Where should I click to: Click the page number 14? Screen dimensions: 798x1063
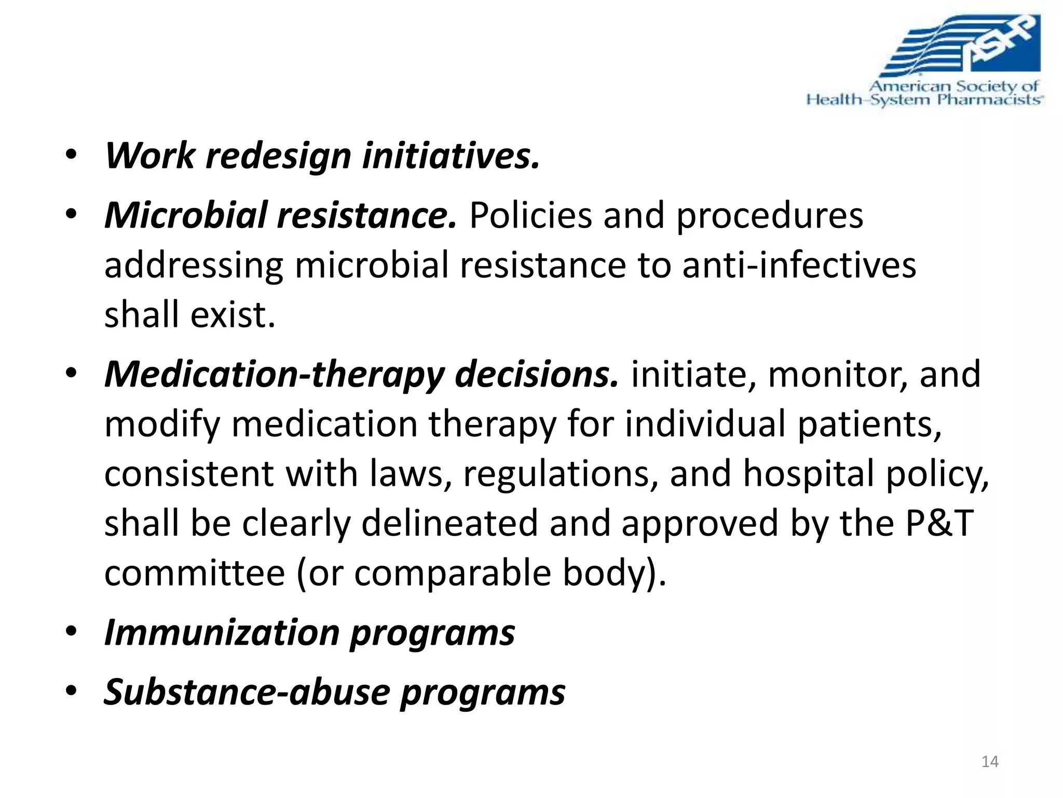tap(990, 762)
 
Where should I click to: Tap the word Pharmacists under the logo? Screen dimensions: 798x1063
tap(989, 100)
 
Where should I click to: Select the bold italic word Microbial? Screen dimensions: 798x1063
tap(185, 215)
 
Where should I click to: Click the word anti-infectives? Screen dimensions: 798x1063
tap(799, 265)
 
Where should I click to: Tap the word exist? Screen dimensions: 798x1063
tap(233, 315)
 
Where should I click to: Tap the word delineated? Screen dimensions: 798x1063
tap(449, 523)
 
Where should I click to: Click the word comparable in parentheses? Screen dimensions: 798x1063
tap(452, 573)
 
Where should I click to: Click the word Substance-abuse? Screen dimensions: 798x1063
tap(247, 693)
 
